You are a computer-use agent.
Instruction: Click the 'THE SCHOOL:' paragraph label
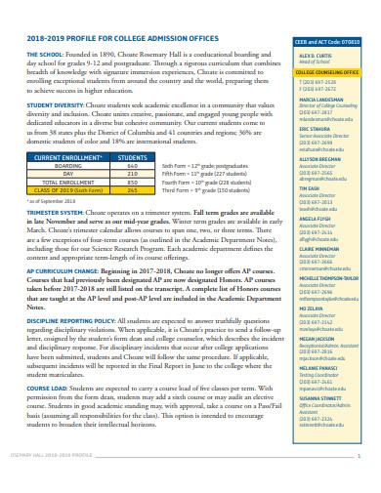47,56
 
